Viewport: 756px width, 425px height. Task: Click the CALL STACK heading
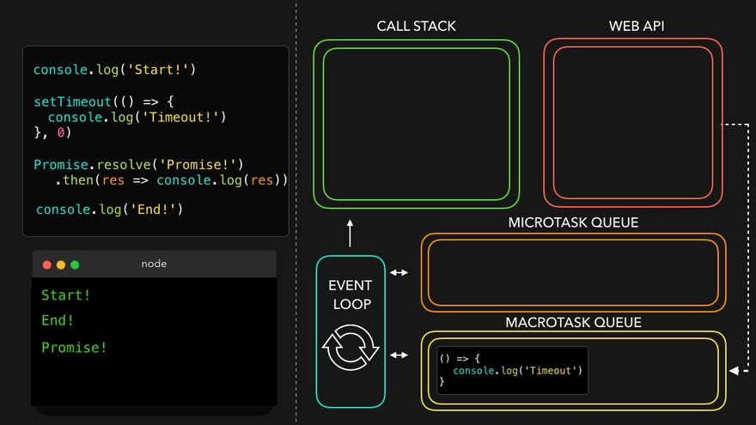pos(416,27)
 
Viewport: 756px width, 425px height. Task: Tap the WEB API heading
pos(637,27)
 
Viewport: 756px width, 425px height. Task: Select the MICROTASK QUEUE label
pos(573,222)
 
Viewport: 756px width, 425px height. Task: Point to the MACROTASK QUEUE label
pos(573,323)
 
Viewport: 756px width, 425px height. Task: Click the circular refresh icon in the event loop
pos(351,348)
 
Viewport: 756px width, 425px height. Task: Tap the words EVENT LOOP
pos(351,294)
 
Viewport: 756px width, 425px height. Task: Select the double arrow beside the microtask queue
pos(399,273)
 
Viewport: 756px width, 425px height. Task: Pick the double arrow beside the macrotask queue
pos(399,355)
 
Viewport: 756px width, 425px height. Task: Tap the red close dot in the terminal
pos(47,264)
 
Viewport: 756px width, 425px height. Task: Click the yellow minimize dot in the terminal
pos(61,264)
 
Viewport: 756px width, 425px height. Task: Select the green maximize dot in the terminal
pos(75,264)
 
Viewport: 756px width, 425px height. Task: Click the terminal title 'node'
pos(154,264)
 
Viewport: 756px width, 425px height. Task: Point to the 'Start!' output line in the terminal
pos(66,295)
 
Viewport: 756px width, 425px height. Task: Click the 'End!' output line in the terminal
pos(58,320)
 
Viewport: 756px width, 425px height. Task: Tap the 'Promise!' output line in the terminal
pos(75,348)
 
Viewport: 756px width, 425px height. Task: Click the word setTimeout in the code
pos(73,101)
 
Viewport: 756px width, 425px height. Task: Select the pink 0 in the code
pos(61,133)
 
